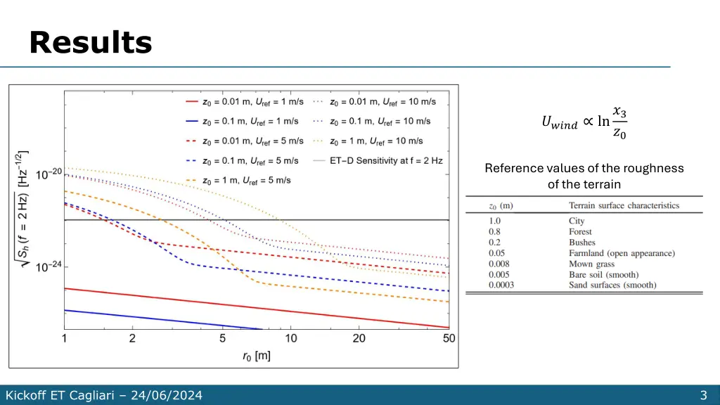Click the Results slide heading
pyautogui.click(x=91, y=43)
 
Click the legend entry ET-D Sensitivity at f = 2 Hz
pyautogui.click(x=386, y=160)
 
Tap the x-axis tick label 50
pyautogui.click(x=449, y=339)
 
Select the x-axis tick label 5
pyautogui.click(x=222, y=339)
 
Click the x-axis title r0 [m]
pyautogui.click(x=257, y=356)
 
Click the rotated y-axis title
pyautogui.click(x=22, y=211)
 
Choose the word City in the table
pyautogui.click(x=577, y=221)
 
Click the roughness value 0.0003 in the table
pyautogui.click(x=502, y=285)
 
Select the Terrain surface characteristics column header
pyautogui.click(x=624, y=205)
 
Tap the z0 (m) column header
pyautogui.click(x=501, y=205)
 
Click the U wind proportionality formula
pyautogui.click(x=584, y=122)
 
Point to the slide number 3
pyautogui.click(x=703, y=395)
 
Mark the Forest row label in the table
pyautogui.click(x=580, y=231)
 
